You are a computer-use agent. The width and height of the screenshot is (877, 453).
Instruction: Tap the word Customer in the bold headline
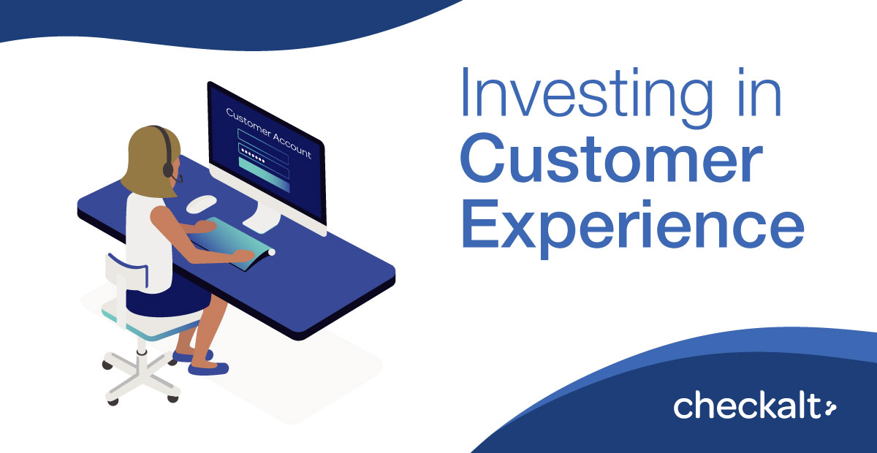pos(612,159)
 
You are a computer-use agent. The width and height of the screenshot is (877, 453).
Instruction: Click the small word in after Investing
pos(759,92)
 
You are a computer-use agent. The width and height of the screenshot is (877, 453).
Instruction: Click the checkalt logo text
pos(747,407)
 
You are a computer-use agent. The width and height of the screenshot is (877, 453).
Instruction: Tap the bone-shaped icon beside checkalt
pos(829,408)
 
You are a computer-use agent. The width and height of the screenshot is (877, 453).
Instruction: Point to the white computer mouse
pos(201,204)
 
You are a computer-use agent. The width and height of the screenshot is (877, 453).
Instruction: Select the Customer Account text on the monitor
pos(269,134)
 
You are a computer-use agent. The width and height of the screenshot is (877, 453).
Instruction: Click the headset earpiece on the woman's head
pos(168,170)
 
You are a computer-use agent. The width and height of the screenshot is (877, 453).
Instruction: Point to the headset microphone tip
pos(180,179)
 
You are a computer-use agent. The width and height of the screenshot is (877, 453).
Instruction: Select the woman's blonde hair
pos(151,161)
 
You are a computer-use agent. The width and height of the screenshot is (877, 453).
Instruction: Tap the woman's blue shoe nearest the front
pos(208,368)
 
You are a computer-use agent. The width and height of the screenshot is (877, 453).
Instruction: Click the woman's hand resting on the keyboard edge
pos(243,256)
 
